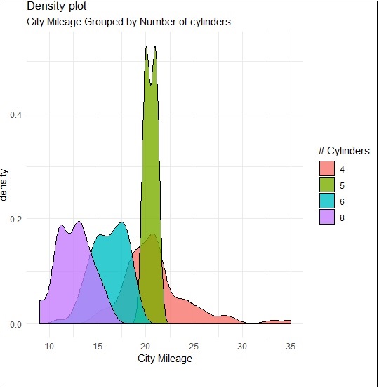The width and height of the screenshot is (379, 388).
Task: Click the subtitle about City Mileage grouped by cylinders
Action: coord(128,22)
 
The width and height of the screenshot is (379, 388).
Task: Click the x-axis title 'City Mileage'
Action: coord(164,359)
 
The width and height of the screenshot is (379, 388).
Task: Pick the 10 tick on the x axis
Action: coord(49,346)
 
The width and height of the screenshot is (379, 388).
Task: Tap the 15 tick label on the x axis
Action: coord(97,346)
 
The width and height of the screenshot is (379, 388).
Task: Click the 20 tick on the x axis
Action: coord(145,346)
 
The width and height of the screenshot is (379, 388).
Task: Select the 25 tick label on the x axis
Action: coord(194,346)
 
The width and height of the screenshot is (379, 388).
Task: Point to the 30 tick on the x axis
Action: coord(242,346)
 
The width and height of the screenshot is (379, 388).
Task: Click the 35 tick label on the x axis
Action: coord(290,346)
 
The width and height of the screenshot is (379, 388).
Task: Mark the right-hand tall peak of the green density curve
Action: coord(154,48)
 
